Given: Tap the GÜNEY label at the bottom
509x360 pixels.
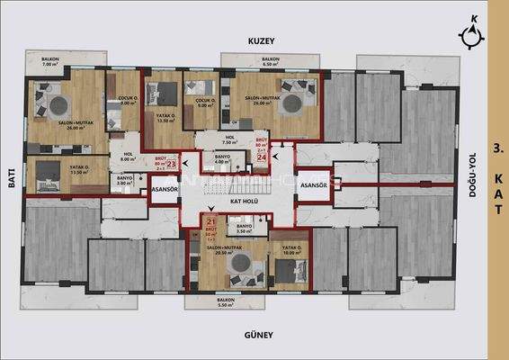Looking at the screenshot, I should pos(259,336).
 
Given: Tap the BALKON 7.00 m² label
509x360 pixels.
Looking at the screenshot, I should pos(49,63).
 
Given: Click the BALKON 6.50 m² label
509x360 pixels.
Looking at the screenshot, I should pos(271,62).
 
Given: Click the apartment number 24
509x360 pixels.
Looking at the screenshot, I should pos(262,157).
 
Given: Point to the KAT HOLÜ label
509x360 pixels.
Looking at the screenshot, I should pos(245,202).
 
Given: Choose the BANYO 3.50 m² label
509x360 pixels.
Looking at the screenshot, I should pos(231,228).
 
